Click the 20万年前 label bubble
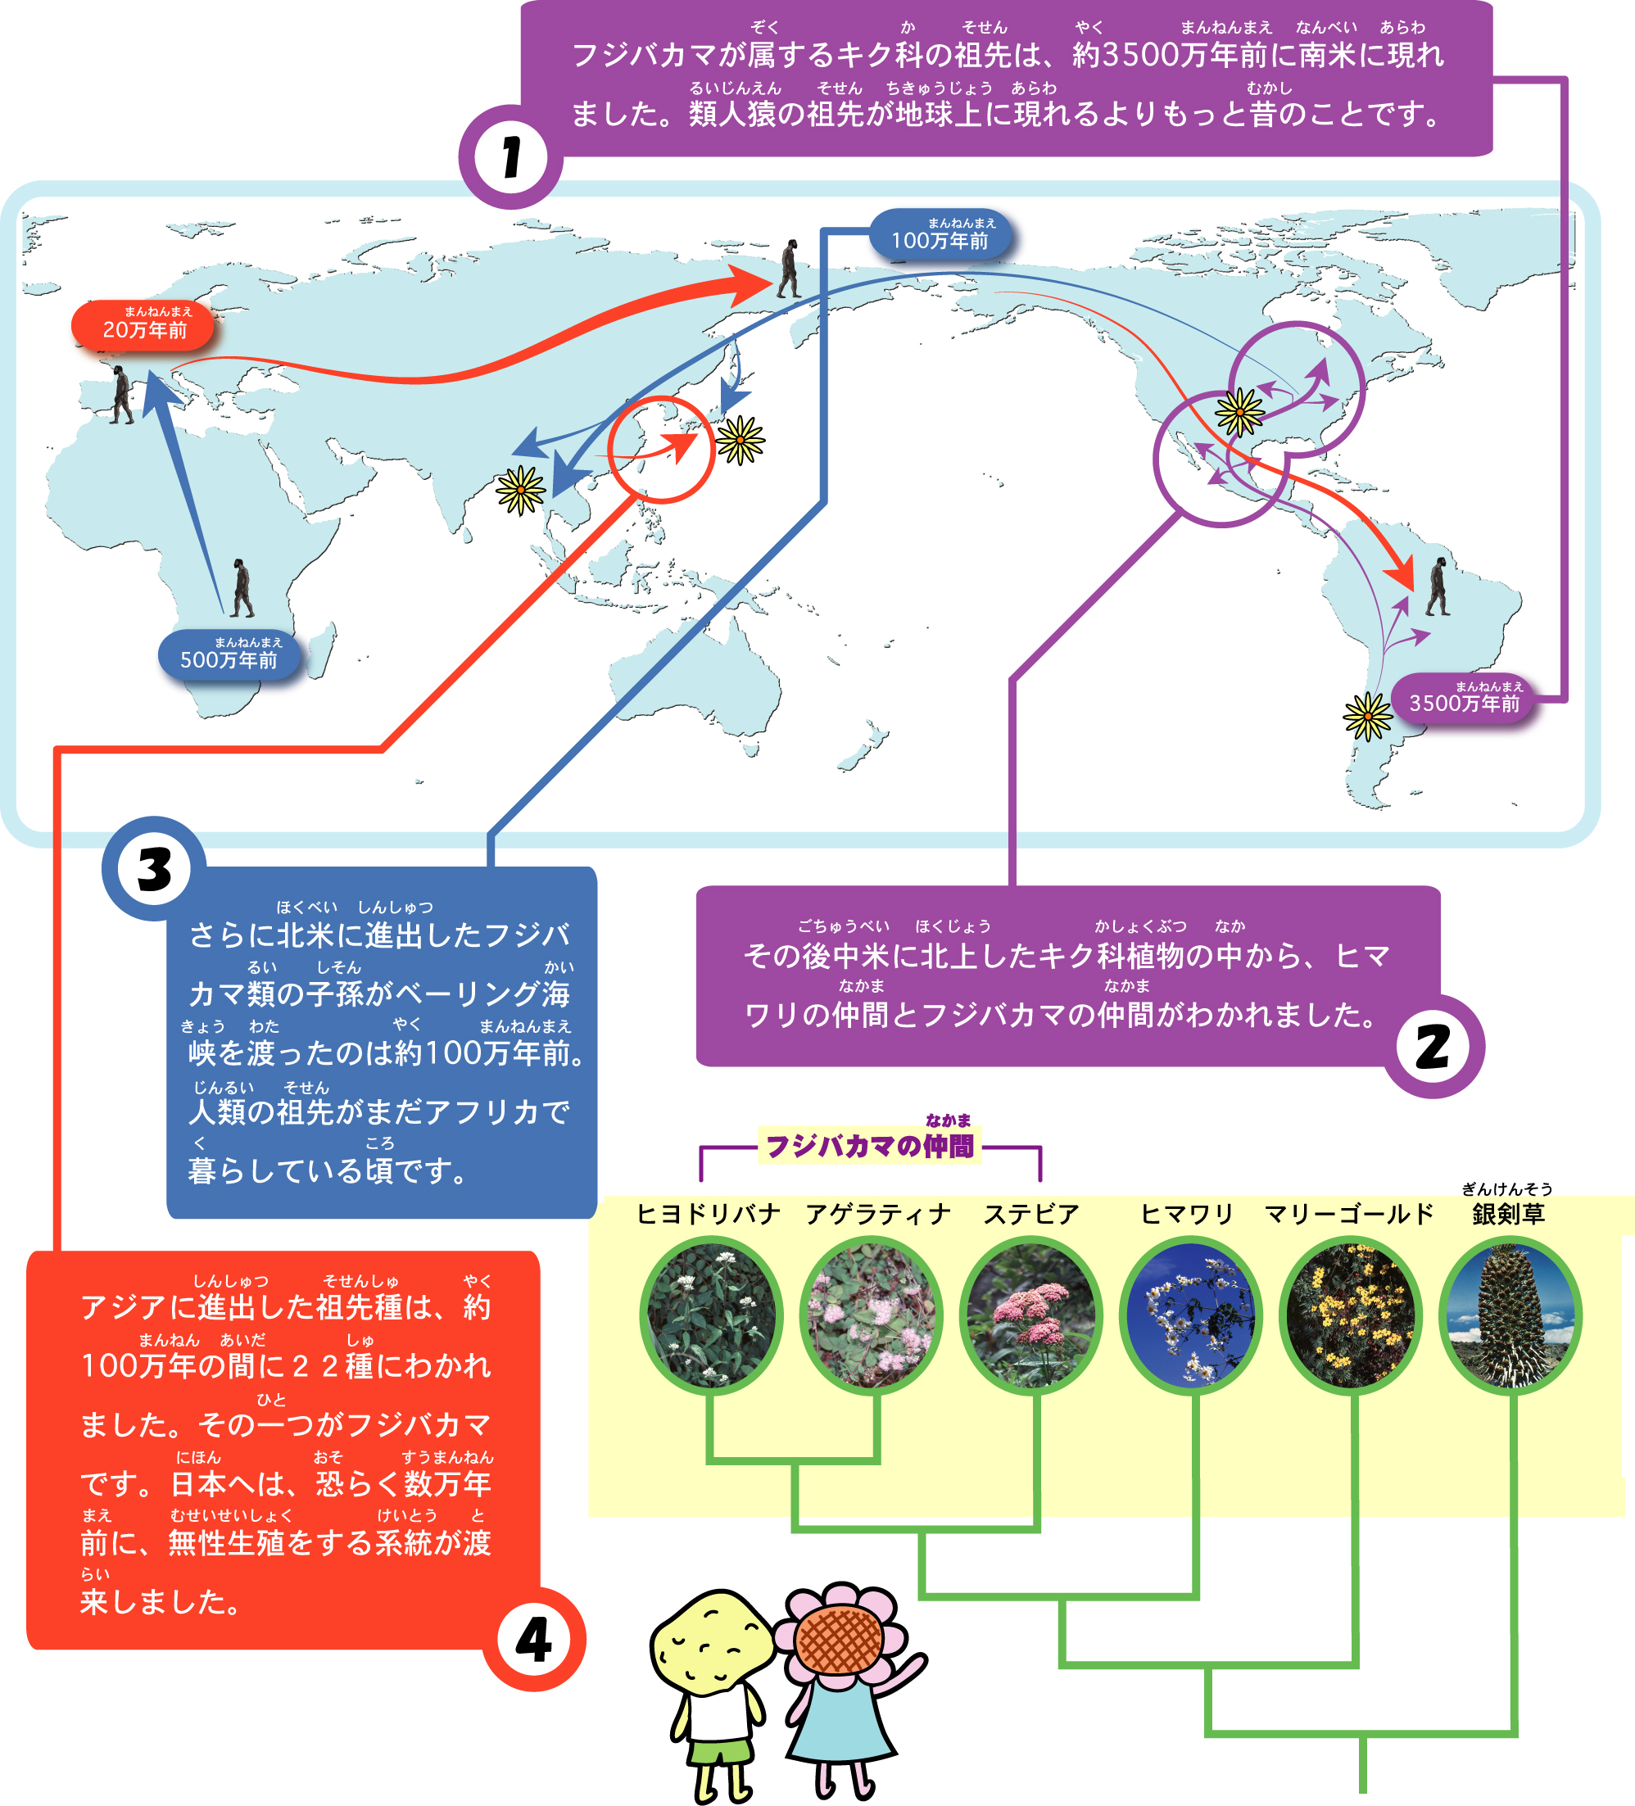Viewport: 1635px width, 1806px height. [x=143, y=325]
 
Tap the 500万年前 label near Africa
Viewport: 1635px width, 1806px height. [x=229, y=656]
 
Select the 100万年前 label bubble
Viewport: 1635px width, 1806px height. [x=940, y=236]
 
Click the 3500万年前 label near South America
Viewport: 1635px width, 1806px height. [x=1463, y=699]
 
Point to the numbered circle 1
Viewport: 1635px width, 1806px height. [x=510, y=157]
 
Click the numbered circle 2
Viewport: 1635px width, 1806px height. [x=1433, y=1047]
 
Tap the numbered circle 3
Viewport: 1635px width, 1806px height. [x=154, y=868]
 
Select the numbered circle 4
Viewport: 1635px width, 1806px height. [x=534, y=1640]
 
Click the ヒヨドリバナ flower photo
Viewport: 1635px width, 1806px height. [x=711, y=1315]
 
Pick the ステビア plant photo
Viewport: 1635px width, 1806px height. [x=1030, y=1315]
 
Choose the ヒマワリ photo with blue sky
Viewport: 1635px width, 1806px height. [x=1191, y=1315]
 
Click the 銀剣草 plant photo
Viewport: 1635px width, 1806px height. [x=1510, y=1315]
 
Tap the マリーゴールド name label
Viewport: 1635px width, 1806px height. [x=1348, y=1214]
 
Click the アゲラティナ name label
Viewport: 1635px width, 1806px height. [x=877, y=1214]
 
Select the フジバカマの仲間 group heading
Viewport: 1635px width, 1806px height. [x=869, y=1145]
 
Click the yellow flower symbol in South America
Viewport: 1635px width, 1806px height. [x=1367, y=716]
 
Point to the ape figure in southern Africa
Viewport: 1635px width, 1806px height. [x=242, y=589]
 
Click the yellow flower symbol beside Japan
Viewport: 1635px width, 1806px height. [x=740, y=440]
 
